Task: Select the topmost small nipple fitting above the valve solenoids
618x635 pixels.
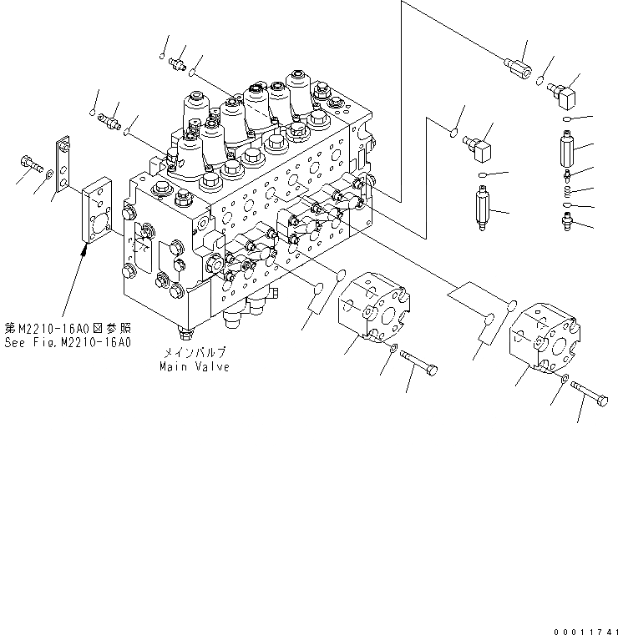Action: pos(178,63)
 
